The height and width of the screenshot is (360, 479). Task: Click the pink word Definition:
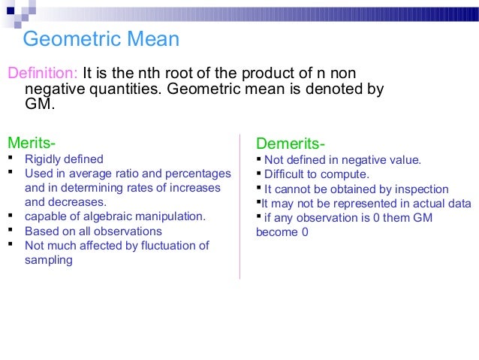[x=42, y=74]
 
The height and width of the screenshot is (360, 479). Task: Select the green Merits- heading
[x=31, y=142]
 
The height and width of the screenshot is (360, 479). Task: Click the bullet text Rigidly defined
[x=64, y=159]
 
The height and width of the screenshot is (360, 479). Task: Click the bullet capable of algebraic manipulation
[x=115, y=216]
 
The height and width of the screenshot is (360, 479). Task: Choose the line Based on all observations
[x=93, y=231]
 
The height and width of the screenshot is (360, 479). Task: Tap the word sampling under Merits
[x=49, y=260]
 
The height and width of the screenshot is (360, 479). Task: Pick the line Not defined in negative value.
[x=342, y=159]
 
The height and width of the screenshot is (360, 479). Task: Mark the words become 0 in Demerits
[x=282, y=232]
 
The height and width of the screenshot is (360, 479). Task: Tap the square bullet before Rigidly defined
[x=11, y=159]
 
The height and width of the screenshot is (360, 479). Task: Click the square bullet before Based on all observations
[x=11, y=231]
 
